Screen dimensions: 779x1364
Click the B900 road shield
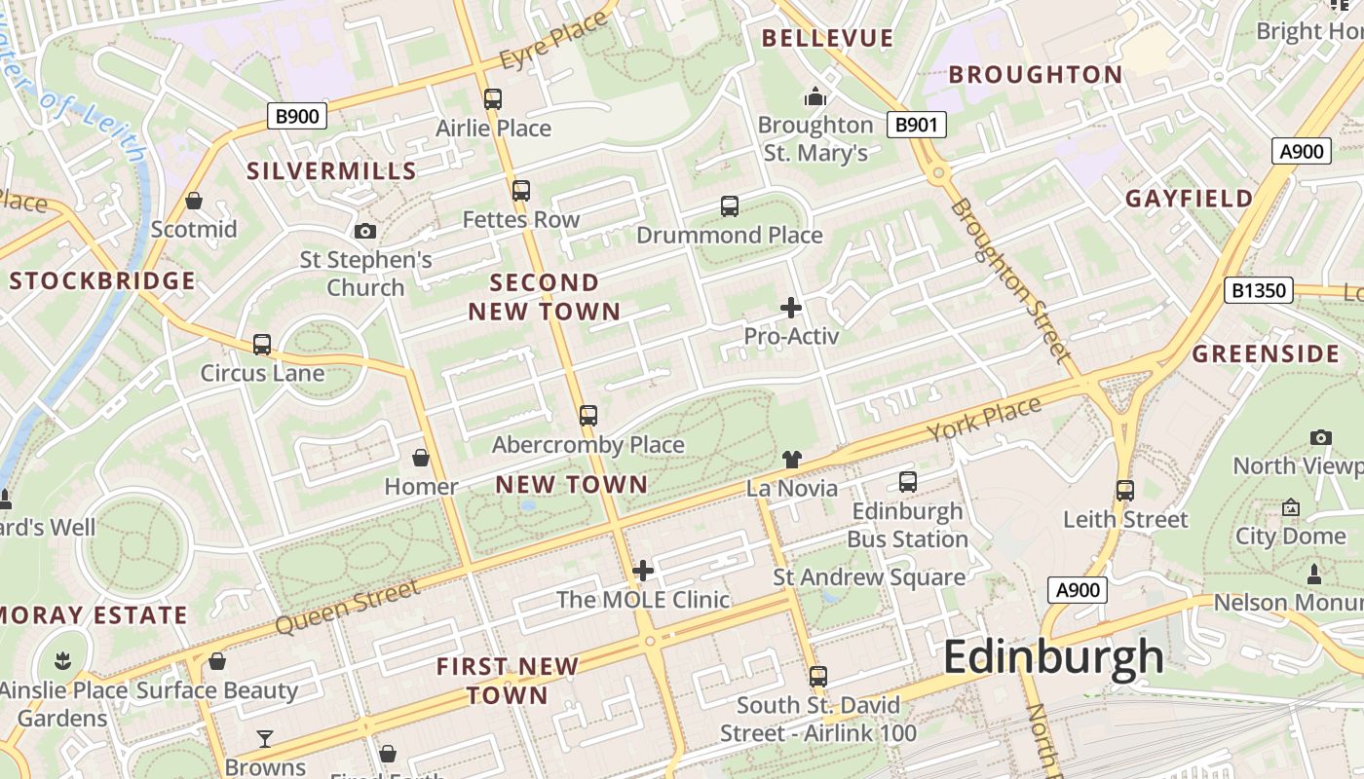[297, 117]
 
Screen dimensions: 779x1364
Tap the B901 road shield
[917, 124]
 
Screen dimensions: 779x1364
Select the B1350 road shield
[1258, 289]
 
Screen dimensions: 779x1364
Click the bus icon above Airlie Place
[493, 98]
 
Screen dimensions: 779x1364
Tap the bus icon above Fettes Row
[521, 190]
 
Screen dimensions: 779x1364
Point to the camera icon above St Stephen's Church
[365, 231]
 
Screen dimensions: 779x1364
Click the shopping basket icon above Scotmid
[194, 201]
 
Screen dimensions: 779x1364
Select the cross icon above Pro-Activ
[791, 308]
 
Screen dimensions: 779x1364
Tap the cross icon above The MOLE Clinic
[643, 571]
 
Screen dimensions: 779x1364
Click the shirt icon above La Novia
[791, 459]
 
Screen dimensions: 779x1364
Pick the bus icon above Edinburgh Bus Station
[908, 481]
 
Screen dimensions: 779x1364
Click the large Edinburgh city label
[1053, 657]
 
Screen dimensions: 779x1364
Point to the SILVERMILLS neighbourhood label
[331, 171]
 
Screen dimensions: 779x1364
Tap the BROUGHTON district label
[1036, 74]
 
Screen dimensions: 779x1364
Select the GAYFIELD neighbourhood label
[1189, 199]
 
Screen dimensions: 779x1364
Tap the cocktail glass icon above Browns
[265, 739]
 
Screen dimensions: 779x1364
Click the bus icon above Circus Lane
[262, 344]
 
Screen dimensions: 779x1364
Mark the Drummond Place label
[730, 235]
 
